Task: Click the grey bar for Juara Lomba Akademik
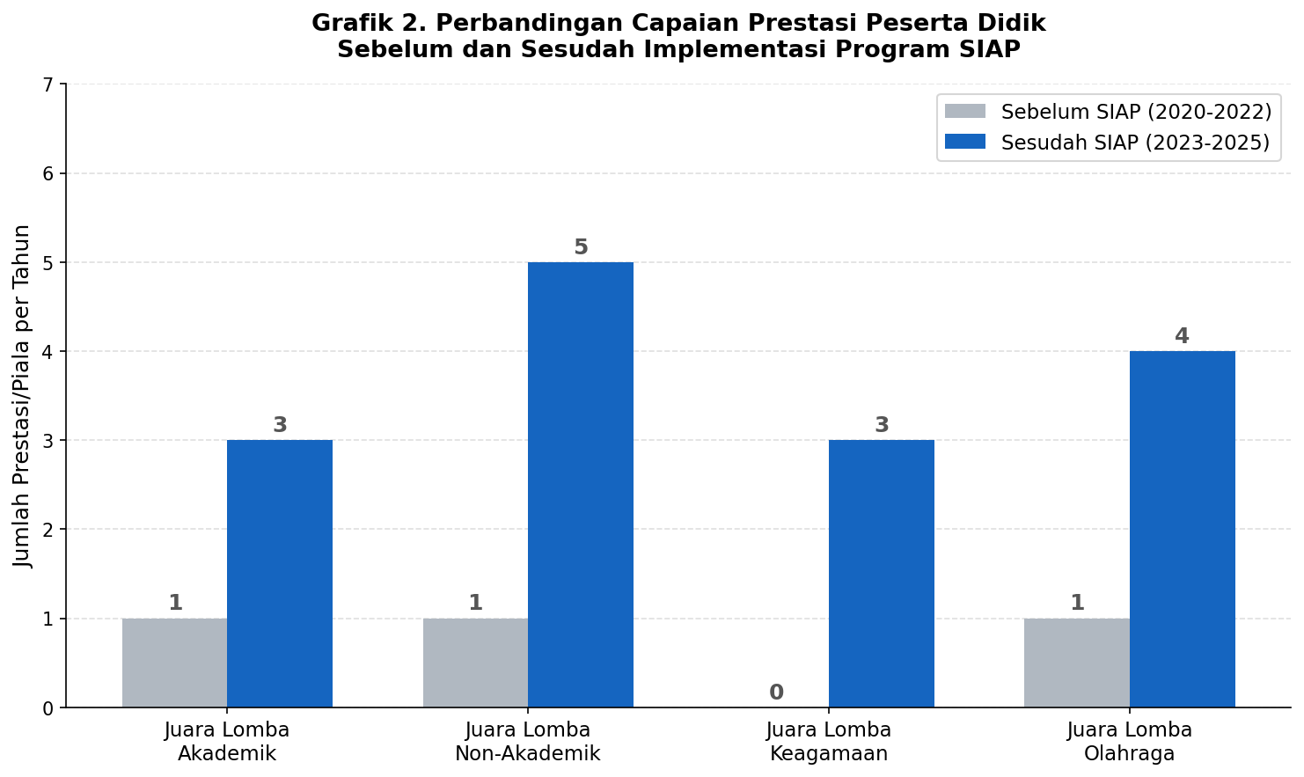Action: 174,663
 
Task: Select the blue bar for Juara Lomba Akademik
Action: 280,574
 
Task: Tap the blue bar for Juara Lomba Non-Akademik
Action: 581,485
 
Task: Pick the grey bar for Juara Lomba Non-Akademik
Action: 475,663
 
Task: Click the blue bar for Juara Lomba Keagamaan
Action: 882,574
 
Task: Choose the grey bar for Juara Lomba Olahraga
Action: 1077,663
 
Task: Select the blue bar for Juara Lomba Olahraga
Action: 1183,529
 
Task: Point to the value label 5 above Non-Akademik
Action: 581,247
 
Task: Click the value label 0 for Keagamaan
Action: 776,693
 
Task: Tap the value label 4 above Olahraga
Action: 1182,336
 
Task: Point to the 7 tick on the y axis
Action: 48,85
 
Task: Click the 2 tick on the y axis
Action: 48,530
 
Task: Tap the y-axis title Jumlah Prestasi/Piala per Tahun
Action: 22,396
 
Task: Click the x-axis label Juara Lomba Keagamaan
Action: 829,742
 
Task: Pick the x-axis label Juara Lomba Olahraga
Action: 1130,742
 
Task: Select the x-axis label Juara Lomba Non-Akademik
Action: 528,742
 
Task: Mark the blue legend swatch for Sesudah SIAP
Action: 965,143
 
